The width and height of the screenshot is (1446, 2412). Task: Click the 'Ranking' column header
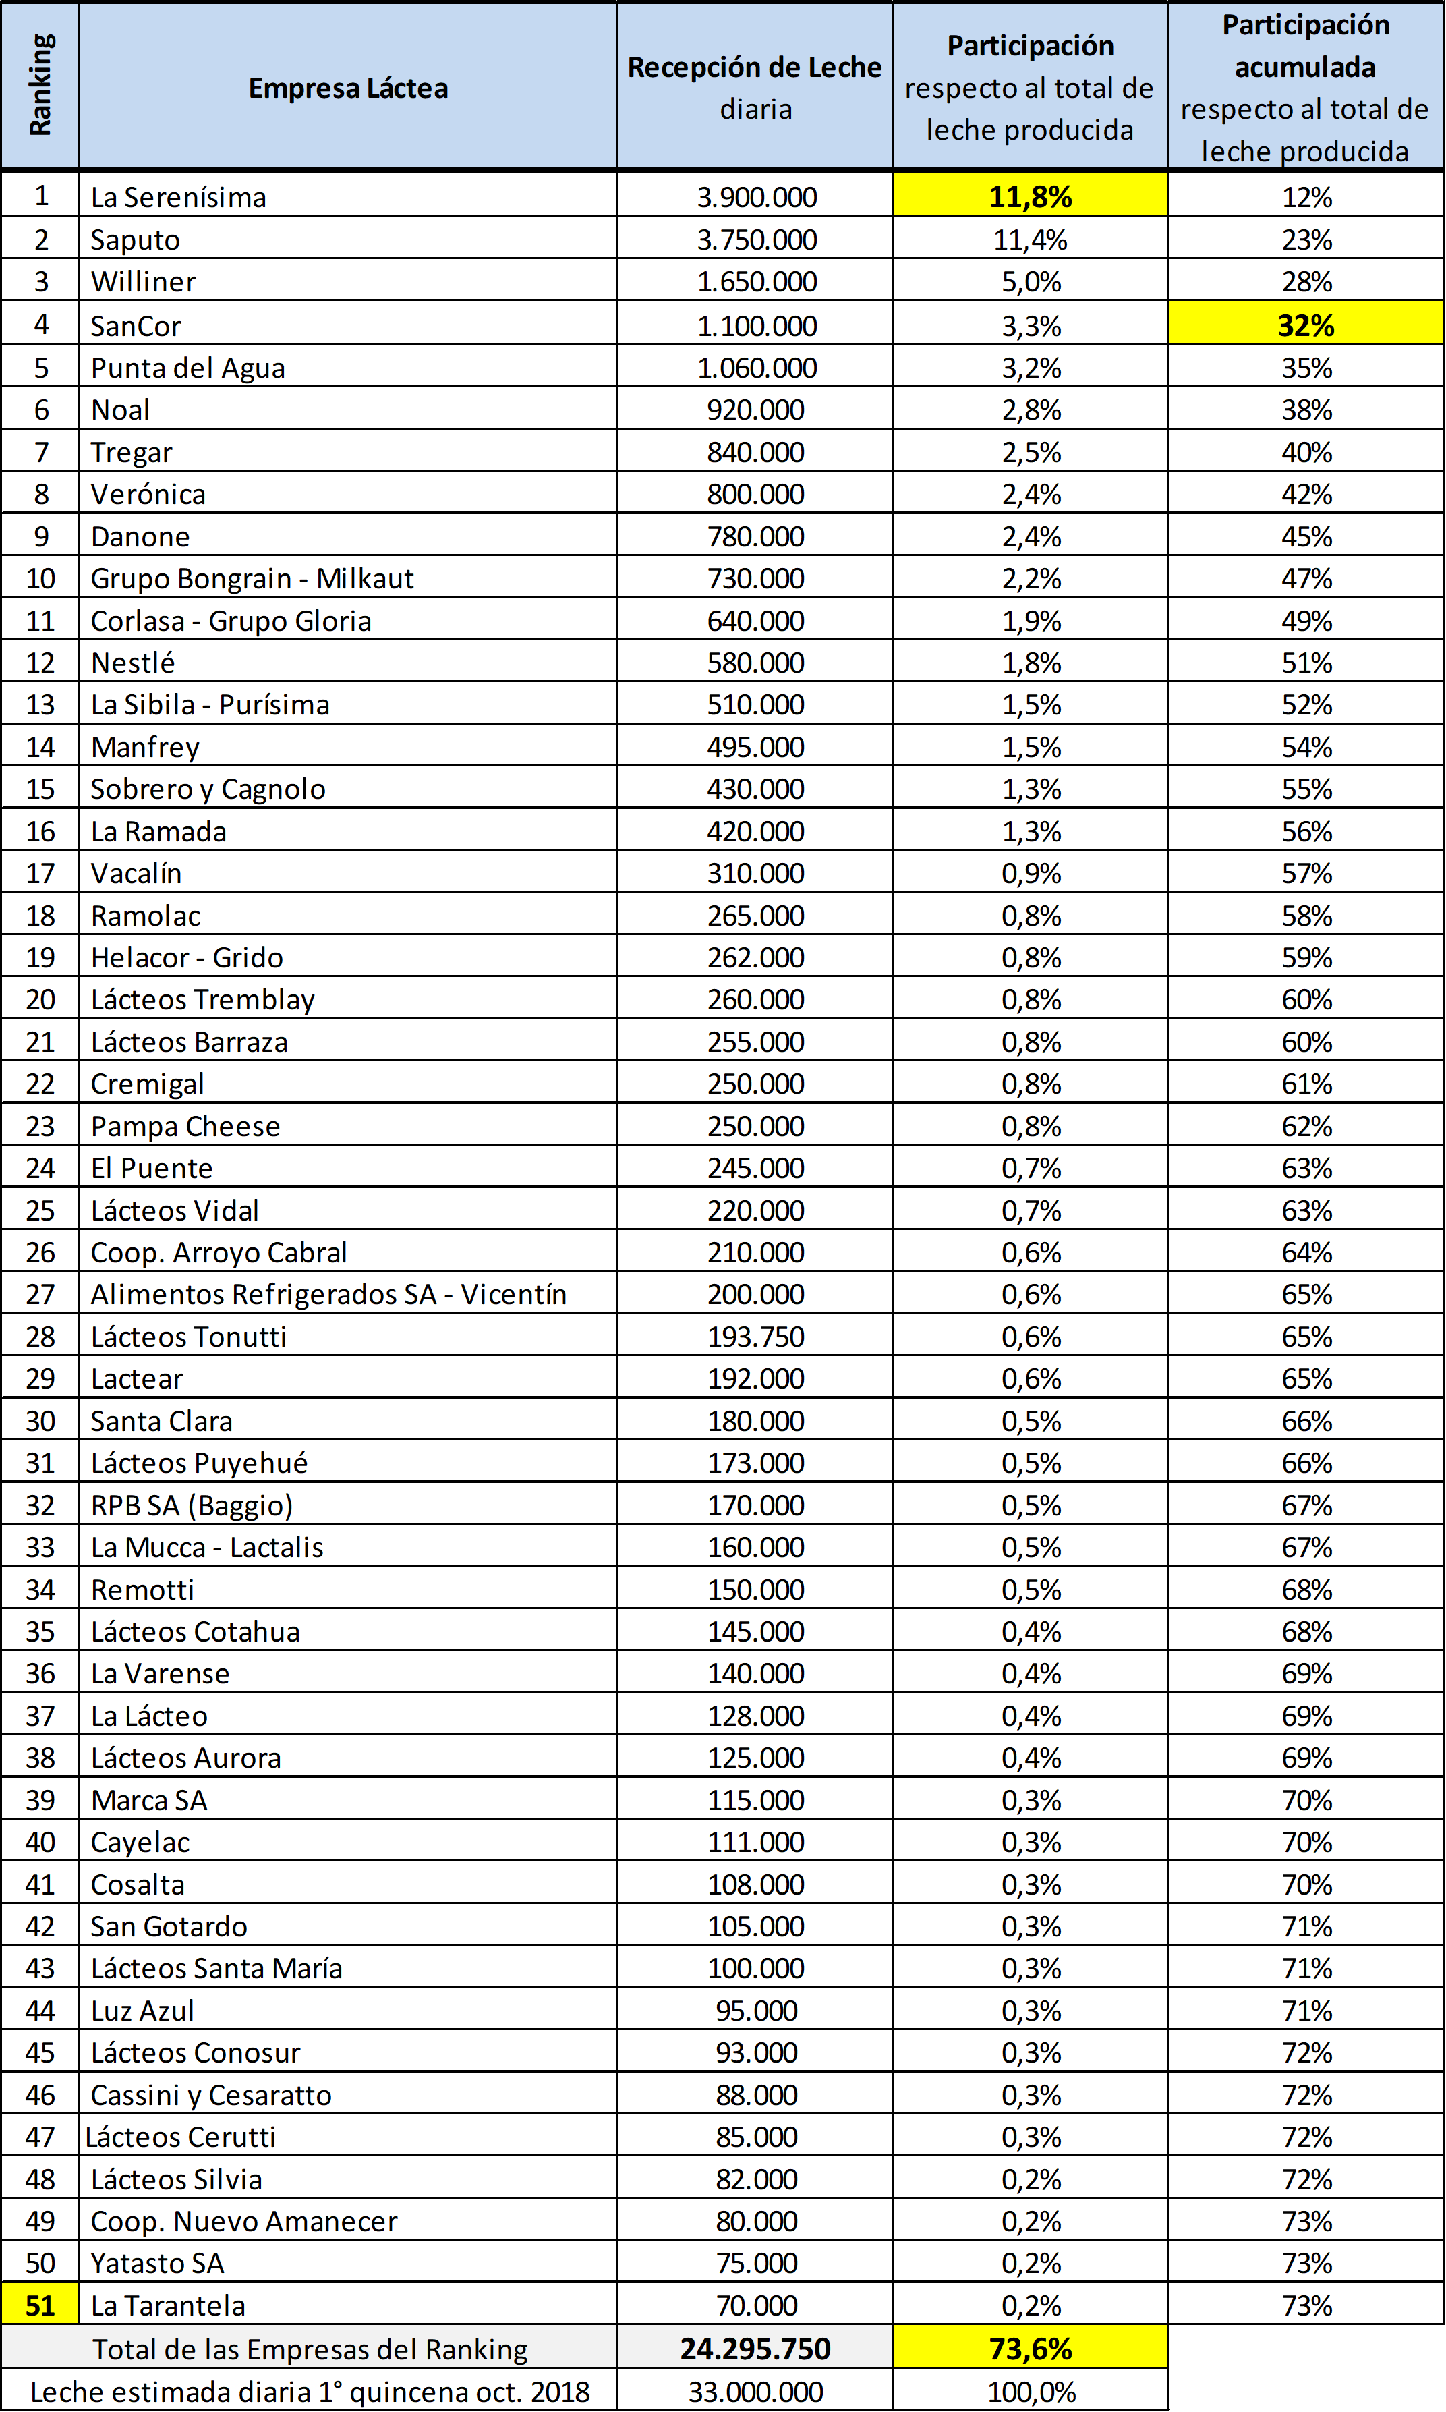click(40, 86)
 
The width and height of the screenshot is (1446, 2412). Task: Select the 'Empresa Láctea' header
click(348, 88)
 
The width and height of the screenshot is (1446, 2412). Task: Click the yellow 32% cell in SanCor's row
click(1306, 325)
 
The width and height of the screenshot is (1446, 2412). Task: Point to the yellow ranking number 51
click(40, 2305)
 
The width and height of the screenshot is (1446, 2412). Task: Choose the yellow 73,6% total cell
click(1030, 2349)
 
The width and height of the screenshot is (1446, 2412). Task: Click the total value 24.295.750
click(755, 2349)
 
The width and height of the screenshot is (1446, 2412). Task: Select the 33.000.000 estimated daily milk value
click(755, 2392)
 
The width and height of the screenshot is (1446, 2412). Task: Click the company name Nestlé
click(132, 663)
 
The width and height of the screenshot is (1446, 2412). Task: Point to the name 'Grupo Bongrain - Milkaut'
click(252, 579)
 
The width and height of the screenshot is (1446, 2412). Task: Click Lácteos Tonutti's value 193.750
click(755, 1336)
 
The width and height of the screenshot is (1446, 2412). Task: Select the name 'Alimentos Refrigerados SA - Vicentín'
click(328, 1294)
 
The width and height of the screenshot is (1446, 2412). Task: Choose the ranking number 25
click(40, 1210)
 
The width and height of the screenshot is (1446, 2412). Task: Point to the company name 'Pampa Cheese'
click(185, 1127)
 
